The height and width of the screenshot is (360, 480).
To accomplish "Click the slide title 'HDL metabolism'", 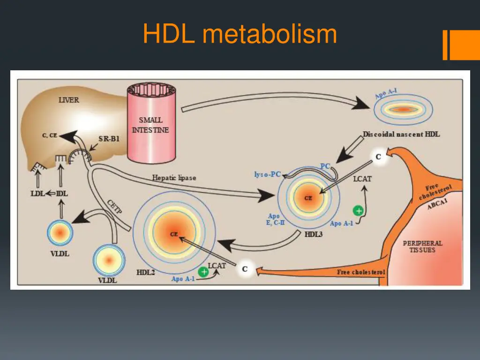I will [x=240, y=34].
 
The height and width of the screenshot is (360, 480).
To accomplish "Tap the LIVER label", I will [x=68, y=100].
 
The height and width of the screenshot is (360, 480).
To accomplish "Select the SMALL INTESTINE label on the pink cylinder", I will [x=150, y=125].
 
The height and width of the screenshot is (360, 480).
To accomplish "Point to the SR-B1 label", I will [x=109, y=139].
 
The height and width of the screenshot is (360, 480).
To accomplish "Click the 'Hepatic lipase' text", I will [x=174, y=178].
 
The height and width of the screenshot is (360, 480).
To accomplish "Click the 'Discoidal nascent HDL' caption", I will [x=401, y=135].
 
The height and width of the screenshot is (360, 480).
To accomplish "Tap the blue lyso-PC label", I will [x=267, y=174].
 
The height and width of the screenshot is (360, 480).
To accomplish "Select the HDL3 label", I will [x=313, y=234].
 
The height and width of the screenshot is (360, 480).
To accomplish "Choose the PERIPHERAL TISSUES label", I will [x=422, y=247].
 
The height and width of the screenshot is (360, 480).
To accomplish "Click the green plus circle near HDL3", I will [x=359, y=211].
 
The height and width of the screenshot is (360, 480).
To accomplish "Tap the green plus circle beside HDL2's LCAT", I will [x=203, y=271].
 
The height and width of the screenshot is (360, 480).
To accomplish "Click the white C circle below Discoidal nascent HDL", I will [x=378, y=157].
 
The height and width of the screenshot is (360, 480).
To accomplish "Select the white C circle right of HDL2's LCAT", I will [x=245, y=269].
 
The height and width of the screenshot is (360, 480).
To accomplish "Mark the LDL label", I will [x=37, y=193].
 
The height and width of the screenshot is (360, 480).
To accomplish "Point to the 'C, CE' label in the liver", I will [x=49, y=136].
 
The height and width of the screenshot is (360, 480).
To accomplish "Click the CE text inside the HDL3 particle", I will [x=308, y=198].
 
